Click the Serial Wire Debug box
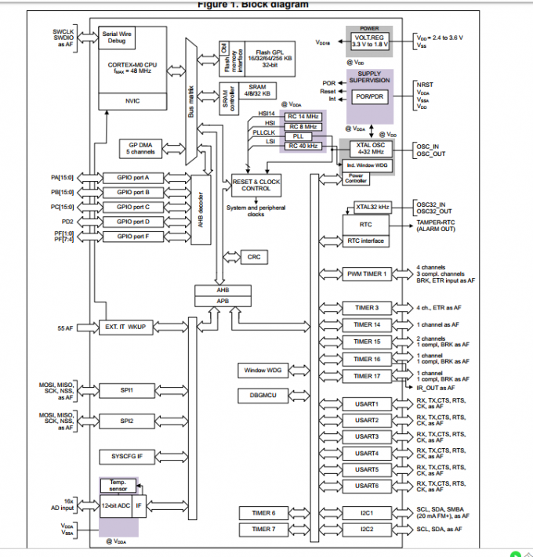coord(117,38)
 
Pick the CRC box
coord(253,257)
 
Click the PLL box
coord(303,136)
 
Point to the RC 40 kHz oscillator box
coord(303,146)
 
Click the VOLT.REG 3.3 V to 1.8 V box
coord(368,42)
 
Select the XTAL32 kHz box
coord(373,207)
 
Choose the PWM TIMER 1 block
coord(366,273)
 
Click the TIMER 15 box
coord(366,342)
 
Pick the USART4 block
coord(366,453)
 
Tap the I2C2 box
coord(366,530)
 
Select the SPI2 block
coord(127,421)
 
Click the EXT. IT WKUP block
coord(127,327)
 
